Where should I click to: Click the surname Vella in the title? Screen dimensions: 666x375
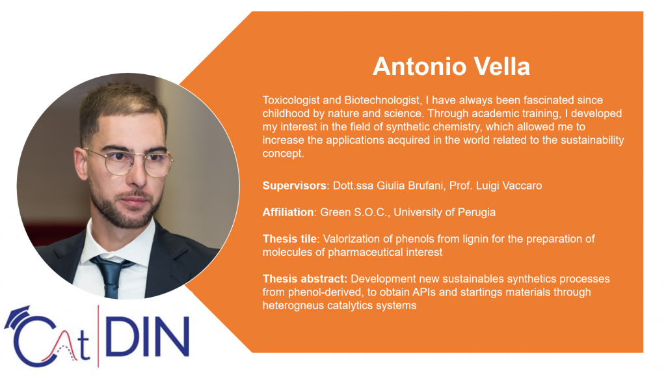click(501, 67)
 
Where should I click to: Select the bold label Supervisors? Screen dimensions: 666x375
click(295, 186)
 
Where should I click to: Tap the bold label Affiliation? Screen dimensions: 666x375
click(288, 212)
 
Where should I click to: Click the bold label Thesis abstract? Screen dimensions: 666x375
click(305, 279)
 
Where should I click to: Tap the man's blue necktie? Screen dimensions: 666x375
click(111, 274)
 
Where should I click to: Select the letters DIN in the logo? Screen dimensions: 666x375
click(146, 337)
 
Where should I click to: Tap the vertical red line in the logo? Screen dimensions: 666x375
click(99, 336)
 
